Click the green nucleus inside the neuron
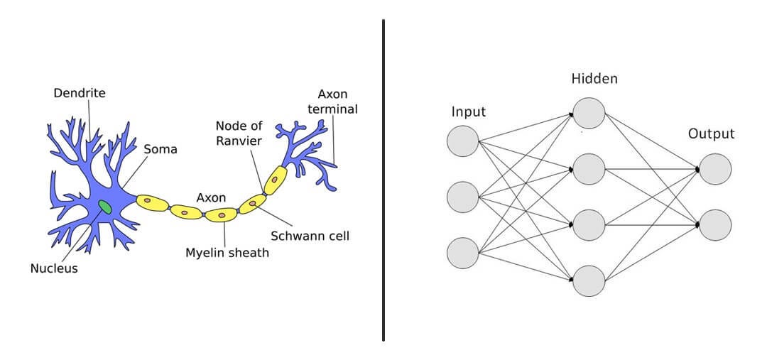pyautogui.click(x=105, y=207)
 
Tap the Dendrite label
pyautogui.click(x=80, y=93)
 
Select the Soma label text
pyautogui.click(x=161, y=150)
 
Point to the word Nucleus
pyautogui.click(x=54, y=268)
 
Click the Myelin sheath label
pyautogui.click(x=227, y=252)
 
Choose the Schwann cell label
pyautogui.click(x=310, y=236)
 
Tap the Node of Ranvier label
pyautogui.click(x=239, y=133)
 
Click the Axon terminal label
pyautogui.click(x=337, y=102)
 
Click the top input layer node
pyautogui.click(x=463, y=140)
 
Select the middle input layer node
pyautogui.click(x=463, y=197)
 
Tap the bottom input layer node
pyautogui.click(x=463, y=253)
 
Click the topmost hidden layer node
pyautogui.click(x=589, y=113)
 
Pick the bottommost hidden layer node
pyautogui.click(x=589, y=280)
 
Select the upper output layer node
pyautogui.click(x=714, y=169)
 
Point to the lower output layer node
pyautogui.click(x=714, y=224)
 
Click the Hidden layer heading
pyautogui.click(x=594, y=79)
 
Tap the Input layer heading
pyautogui.click(x=469, y=111)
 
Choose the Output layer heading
pyautogui.click(x=711, y=133)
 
